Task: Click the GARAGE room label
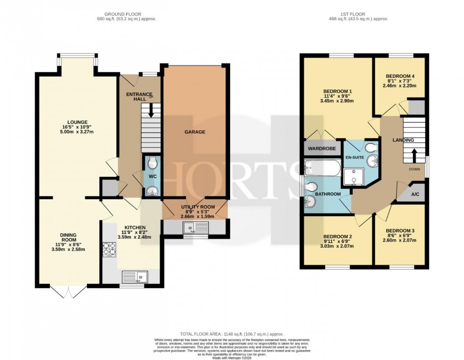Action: coord(195,132)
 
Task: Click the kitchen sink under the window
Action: coord(135,276)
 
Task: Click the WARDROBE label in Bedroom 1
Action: coord(322,149)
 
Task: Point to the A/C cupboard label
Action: coord(415,194)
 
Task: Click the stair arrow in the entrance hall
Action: coord(152,110)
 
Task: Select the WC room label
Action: coord(152,176)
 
